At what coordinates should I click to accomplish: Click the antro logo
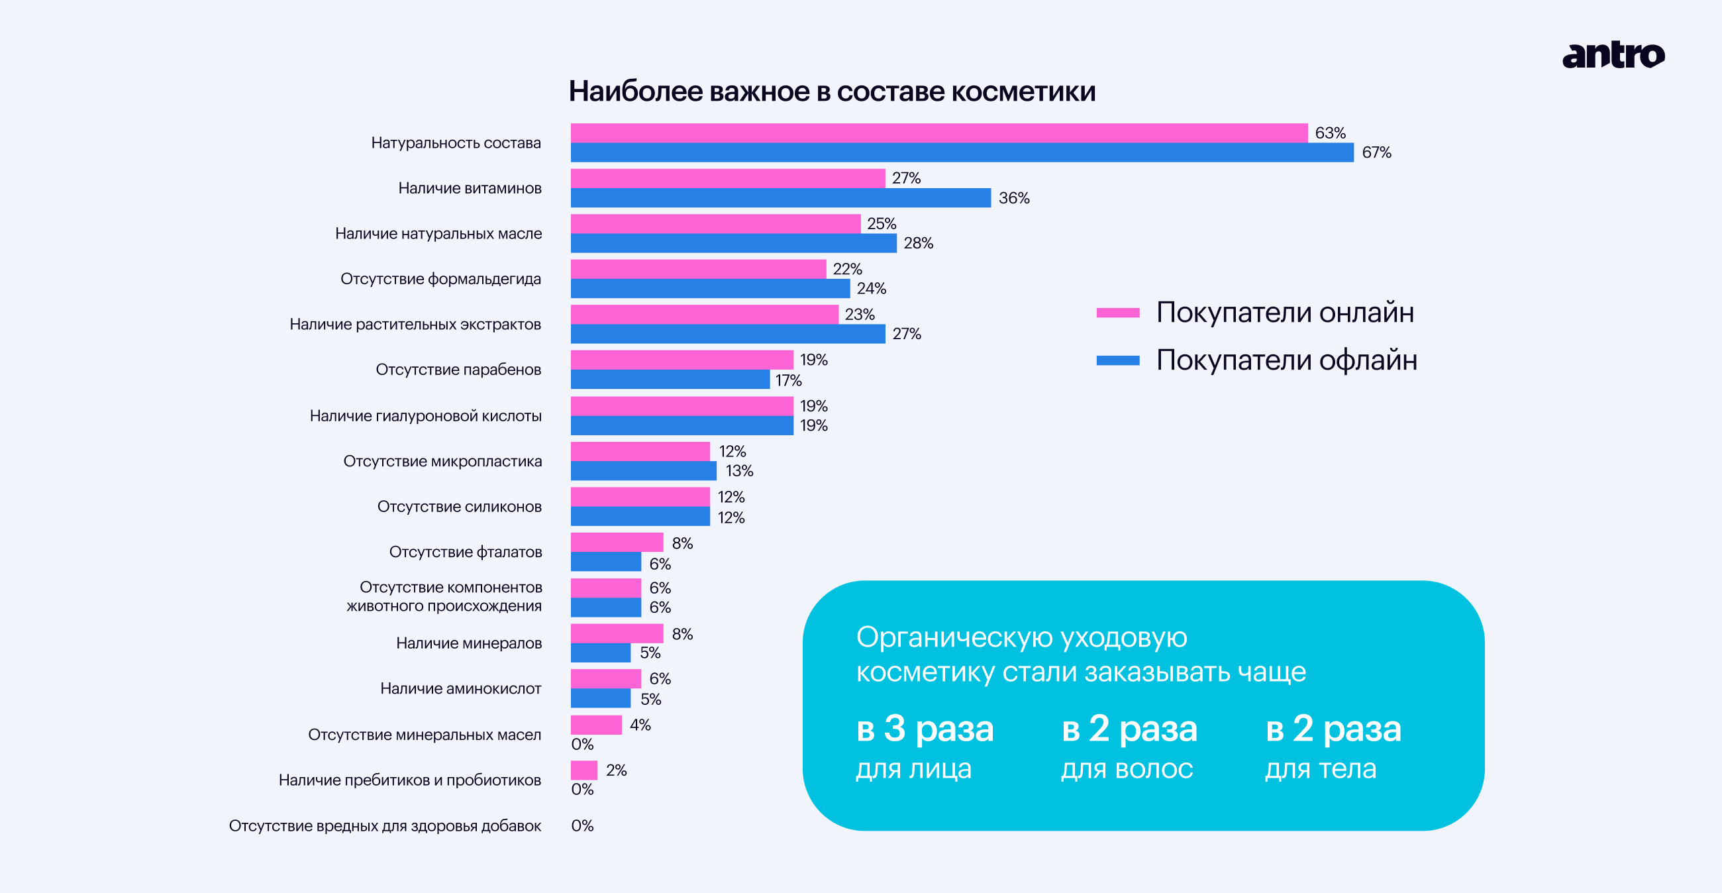click(1612, 56)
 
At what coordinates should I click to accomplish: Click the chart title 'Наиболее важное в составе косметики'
click(832, 91)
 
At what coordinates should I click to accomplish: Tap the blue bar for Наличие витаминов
click(780, 198)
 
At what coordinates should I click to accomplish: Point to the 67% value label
click(1376, 153)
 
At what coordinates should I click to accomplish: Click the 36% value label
click(1013, 199)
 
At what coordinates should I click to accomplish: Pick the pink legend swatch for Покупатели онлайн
click(1118, 313)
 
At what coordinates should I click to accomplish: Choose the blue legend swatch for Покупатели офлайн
click(1118, 361)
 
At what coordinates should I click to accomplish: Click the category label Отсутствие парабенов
click(458, 370)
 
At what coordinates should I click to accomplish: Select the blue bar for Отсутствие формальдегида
click(710, 289)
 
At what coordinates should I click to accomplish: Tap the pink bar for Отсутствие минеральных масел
click(595, 725)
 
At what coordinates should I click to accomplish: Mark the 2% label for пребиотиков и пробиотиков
click(616, 770)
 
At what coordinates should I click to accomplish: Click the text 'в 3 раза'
click(925, 729)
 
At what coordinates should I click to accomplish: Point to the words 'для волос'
click(1127, 769)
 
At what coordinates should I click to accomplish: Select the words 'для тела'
click(1320, 769)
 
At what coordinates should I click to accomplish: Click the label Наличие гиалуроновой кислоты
click(425, 416)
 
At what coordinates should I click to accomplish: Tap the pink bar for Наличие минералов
click(617, 633)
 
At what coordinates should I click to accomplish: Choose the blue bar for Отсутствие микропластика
click(643, 471)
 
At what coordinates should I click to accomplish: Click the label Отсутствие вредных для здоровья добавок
click(384, 826)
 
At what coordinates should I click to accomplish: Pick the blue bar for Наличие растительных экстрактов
click(727, 334)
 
